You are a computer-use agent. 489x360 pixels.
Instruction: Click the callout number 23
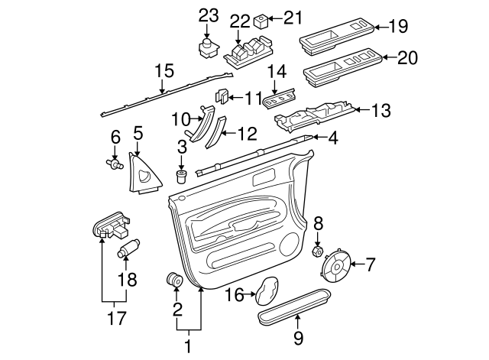209,15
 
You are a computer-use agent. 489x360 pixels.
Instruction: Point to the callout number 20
407,58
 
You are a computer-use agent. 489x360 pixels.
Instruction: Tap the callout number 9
298,337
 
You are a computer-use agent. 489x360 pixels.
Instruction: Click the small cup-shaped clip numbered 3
182,178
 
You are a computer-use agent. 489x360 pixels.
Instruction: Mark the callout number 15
159,70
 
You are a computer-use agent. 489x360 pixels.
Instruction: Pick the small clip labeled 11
221,96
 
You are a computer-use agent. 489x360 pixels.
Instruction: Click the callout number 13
381,111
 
